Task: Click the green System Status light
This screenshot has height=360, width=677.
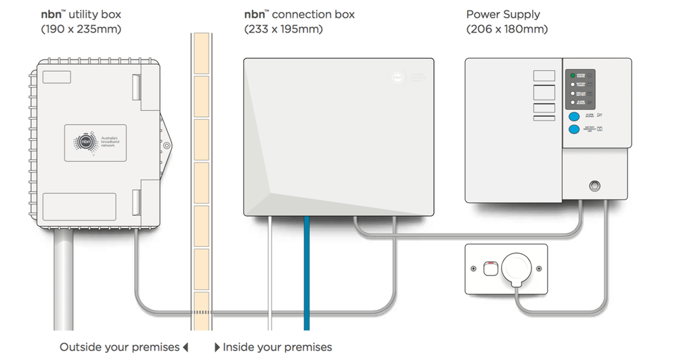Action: click(x=573, y=75)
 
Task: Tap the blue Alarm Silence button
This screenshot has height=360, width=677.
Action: click(x=574, y=116)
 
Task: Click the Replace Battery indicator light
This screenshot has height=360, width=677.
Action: click(x=573, y=93)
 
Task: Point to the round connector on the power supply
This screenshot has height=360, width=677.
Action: click(x=596, y=184)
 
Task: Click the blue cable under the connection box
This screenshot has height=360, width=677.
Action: click(x=307, y=271)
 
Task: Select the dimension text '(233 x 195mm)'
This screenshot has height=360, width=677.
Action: click(x=284, y=29)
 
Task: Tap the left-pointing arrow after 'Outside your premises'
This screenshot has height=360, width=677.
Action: click(x=185, y=347)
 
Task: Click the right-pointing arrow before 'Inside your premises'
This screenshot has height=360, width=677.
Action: click(x=217, y=347)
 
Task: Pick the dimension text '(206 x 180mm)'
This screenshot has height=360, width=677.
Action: click(x=507, y=29)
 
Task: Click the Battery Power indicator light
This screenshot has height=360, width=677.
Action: click(x=573, y=85)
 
